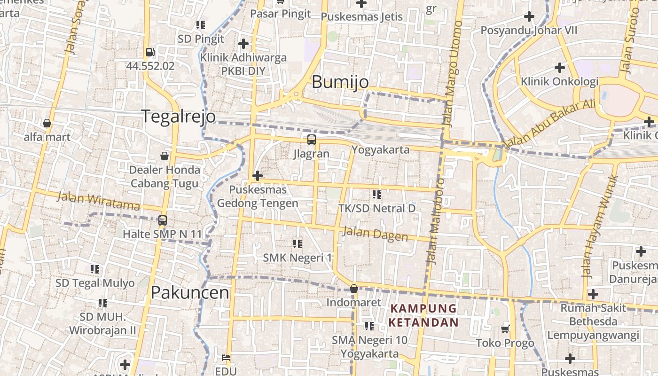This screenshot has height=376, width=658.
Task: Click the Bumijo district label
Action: tap(340, 82)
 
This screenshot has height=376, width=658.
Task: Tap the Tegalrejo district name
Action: tap(179, 116)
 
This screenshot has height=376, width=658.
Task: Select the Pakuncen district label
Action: tap(190, 292)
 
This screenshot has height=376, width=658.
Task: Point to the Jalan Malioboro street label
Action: tap(434, 221)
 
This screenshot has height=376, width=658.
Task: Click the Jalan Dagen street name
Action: tap(375, 234)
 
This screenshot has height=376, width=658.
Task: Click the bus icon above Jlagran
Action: tap(311, 139)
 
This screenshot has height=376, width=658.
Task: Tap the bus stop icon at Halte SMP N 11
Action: tap(162, 220)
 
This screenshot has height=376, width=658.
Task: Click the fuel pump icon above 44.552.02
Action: tap(150, 52)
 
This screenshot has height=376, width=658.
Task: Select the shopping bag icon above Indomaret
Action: tap(353, 289)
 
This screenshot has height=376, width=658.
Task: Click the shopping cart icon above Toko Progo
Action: tap(505, 329)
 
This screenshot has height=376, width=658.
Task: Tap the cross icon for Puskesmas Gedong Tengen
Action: tap(257, 176)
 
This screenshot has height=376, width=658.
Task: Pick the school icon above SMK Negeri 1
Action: tap(297, 243)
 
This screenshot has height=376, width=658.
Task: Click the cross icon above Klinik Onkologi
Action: tap(559, 67)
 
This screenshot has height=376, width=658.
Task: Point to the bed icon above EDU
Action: tap(226, 357)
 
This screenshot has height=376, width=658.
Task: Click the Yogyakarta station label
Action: tap(380, 149)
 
